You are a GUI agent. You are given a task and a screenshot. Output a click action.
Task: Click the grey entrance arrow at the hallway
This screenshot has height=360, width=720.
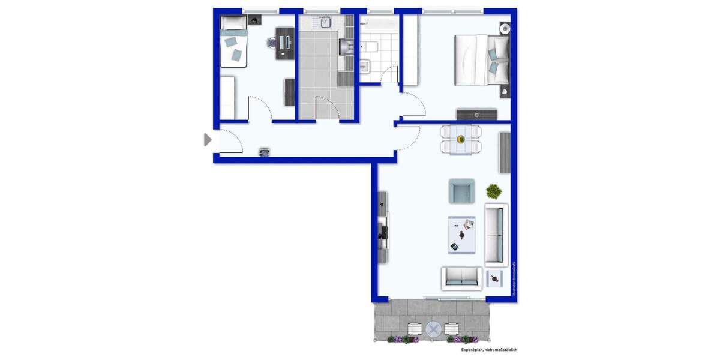(x=208, y=140)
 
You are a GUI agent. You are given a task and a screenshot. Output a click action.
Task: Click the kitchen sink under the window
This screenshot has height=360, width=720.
(x=325, y=23)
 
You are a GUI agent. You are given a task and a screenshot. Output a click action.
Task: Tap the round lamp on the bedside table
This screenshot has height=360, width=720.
(x=505, y=28)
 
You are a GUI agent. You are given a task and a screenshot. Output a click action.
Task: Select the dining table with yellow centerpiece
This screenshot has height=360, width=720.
(x=461, y=140)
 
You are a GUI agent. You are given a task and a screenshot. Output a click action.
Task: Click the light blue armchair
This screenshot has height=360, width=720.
(x=461, y=191)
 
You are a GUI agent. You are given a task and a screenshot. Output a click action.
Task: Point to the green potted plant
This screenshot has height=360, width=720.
(x=494, y=191)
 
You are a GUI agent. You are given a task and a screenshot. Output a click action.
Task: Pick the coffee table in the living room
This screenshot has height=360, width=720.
(x=461, y=235)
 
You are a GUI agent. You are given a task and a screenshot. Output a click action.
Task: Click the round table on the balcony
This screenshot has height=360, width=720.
(x=433, y=329)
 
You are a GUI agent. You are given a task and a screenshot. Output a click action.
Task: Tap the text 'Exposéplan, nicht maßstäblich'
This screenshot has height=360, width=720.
(x=488, y=350)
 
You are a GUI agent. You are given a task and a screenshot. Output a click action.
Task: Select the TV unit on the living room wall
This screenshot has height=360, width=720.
(x=383, y=228)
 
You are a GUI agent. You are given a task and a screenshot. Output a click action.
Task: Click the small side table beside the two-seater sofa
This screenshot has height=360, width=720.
(x=494, y=277)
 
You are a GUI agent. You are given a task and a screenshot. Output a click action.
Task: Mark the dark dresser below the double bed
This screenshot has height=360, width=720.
(x=476, y=114)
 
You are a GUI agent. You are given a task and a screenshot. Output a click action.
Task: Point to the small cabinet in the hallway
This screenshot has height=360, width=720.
(x=265, y=152)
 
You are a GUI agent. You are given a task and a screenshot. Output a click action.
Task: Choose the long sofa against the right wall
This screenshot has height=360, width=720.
(x=496, y=235)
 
